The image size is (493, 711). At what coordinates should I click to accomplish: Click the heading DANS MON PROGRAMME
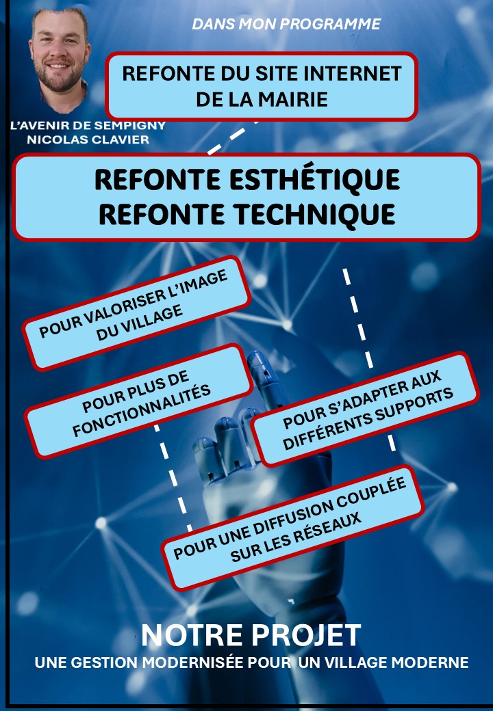286,24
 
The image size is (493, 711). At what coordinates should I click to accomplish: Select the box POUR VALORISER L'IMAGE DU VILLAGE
136,312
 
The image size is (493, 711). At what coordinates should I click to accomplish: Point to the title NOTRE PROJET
251,636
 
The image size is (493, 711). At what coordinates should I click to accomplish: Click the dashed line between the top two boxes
233,135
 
